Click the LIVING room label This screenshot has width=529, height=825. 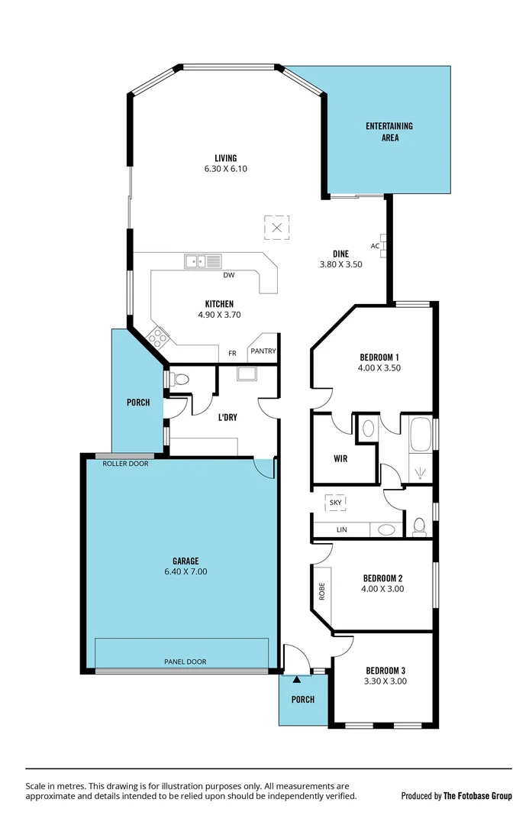(x=225, y=158)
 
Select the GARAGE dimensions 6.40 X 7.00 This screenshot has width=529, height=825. (x=185, y=571)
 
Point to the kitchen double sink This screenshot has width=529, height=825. (x=202, y=261)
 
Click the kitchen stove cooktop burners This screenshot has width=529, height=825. (x=159, y=336)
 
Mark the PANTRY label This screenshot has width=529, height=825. (x=262, y=351)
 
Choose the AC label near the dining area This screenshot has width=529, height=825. (x=375, y=246)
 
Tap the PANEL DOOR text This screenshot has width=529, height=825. (x=185, y=662)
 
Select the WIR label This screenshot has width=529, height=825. (x=341, y=459)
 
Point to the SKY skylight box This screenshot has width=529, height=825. (x=336, y=503)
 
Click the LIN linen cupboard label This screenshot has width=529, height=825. (x=341, y=529)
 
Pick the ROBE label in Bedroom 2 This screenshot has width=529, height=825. (x=321, y=591)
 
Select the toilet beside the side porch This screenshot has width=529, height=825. (x=179, y=378)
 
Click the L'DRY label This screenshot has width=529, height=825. (x=228, y=418)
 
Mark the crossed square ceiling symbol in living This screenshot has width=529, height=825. (x=277, y=227)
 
